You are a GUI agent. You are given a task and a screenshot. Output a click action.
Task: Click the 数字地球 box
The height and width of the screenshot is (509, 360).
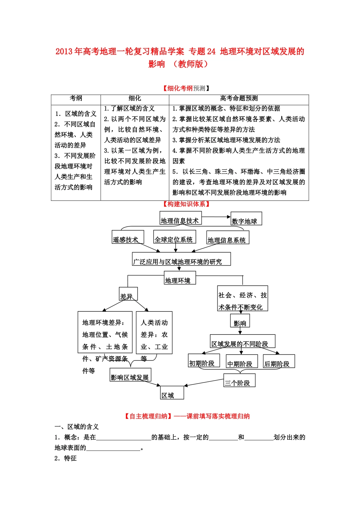click(x=246, y=219)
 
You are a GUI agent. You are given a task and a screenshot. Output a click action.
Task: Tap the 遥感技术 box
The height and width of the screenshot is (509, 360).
click(x=128, y=237)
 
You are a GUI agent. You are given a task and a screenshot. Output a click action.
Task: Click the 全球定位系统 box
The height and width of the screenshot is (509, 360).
click(x=174, y=237)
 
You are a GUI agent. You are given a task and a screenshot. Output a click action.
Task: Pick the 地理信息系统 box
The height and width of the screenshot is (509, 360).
click(x=227, y=237)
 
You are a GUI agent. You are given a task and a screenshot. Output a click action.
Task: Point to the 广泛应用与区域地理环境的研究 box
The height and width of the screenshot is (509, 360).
click(x=181, y=259)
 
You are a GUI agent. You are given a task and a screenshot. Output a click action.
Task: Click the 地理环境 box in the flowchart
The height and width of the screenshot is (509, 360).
click(x=180, y=278)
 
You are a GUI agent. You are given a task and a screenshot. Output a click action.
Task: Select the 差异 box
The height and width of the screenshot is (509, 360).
click(x=128, y=294)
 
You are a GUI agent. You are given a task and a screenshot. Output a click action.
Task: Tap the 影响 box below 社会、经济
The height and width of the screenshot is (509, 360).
click(x=240, y=321)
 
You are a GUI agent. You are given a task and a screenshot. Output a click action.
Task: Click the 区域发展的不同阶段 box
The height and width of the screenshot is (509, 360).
click(x=243, y=341)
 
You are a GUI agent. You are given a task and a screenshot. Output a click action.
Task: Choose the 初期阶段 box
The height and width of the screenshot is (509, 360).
click(x=204, y=361)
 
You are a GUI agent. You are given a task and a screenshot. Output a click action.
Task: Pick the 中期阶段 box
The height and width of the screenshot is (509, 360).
click(x=242, y=361)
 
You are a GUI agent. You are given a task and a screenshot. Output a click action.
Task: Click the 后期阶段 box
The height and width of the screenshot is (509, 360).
click(x=279, y=361)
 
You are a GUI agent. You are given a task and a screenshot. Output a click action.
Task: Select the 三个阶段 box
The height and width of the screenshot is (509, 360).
click(x=239, y=381)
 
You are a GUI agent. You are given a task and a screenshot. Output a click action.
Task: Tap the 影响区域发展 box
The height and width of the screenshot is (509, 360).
click(x=130, y=375)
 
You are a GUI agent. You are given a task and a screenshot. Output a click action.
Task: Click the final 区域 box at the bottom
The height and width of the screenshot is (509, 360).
click(x=172, y=393)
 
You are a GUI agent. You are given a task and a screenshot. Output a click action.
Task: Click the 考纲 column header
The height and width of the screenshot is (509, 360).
click(x=76, y=98)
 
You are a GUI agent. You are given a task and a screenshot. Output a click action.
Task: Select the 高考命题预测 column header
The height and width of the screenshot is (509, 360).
click(x=239, y=98)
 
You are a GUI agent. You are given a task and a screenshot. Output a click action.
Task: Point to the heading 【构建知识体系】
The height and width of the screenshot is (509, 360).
click(x=186, y=204)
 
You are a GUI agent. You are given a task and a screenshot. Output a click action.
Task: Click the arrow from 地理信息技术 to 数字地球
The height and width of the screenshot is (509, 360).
click(x=216, y=217)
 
